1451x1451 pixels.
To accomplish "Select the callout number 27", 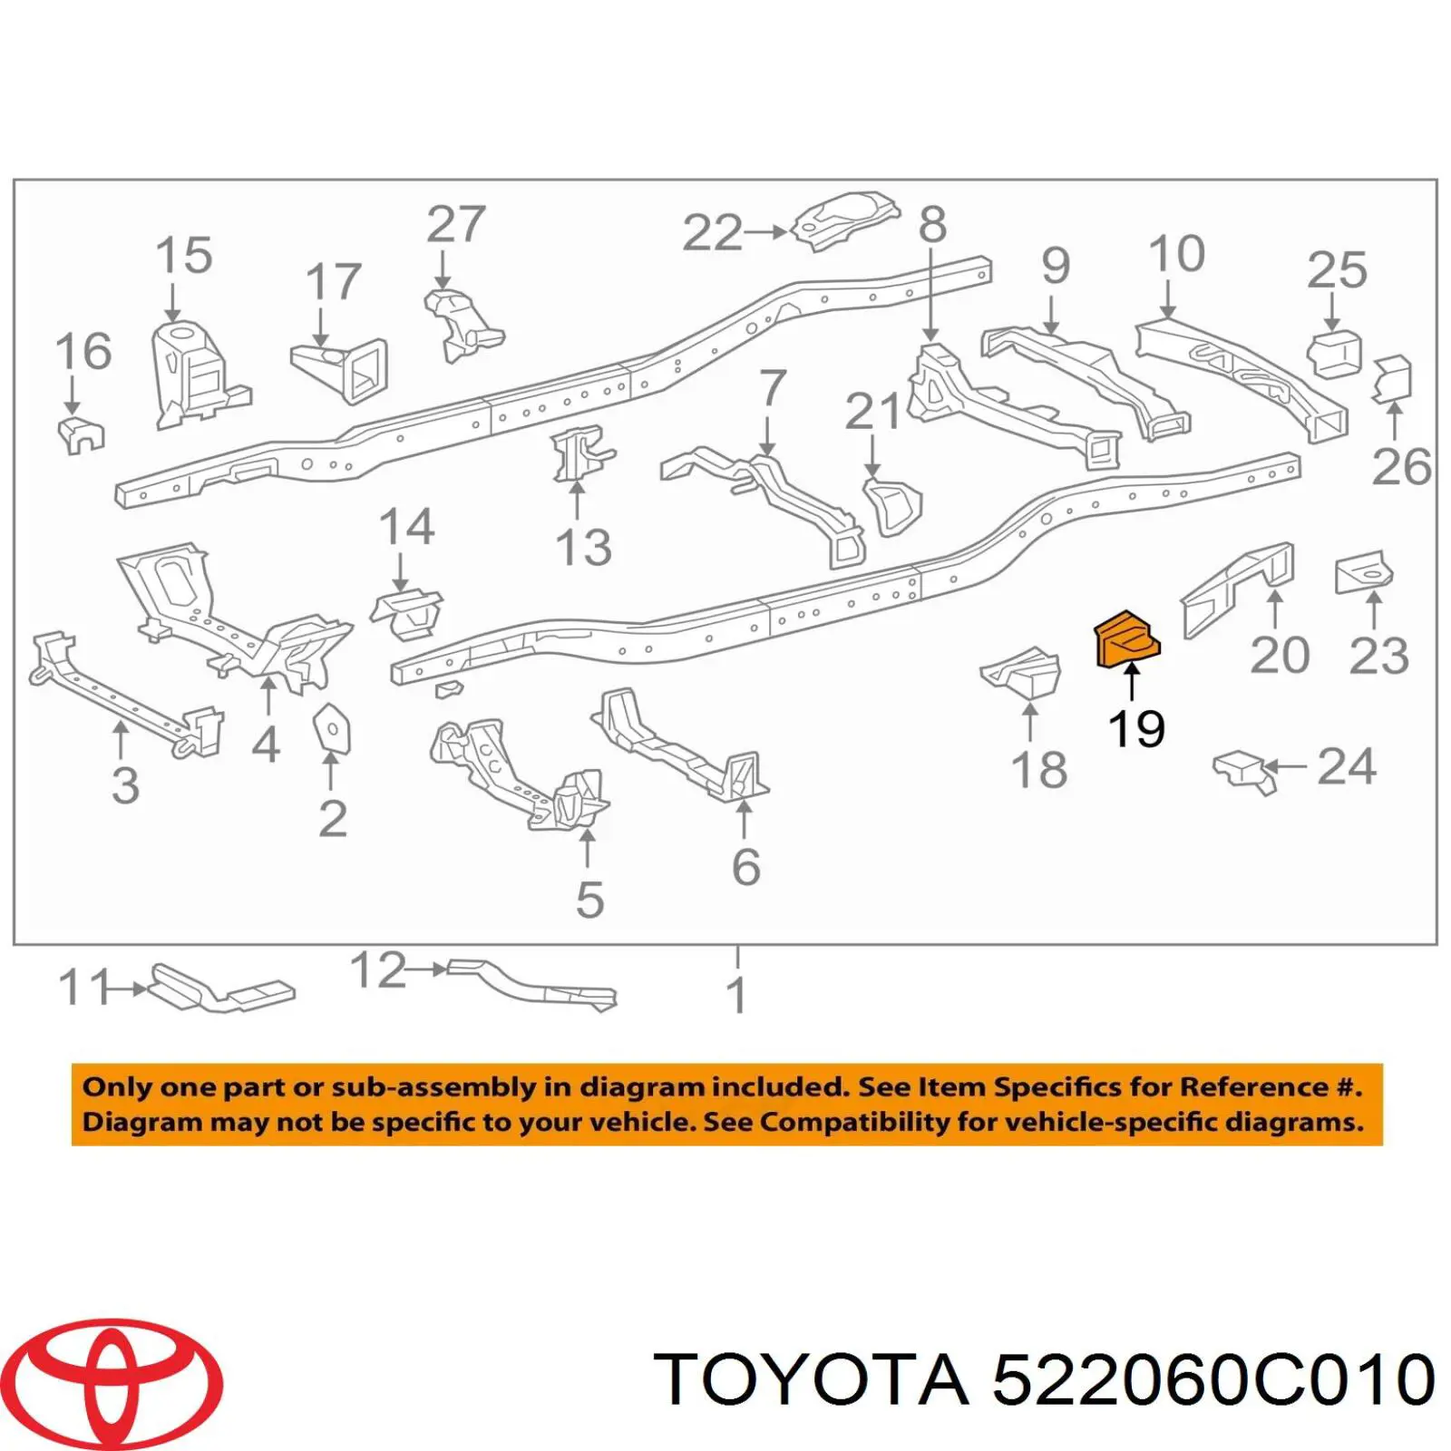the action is [456, 224].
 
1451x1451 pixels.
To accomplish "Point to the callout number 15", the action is [184, 255].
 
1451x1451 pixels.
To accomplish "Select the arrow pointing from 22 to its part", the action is [765, 232].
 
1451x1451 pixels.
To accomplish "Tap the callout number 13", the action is [583, 547].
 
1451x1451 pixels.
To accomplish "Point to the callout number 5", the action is [589, 900].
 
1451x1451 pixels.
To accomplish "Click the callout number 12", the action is [378, 969].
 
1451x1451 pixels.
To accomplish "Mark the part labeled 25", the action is [1334, 354].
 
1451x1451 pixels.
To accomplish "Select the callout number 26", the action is [1401, 467].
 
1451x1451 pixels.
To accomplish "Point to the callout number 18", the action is [1039, 770].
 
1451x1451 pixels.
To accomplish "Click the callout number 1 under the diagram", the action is [737, 996].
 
